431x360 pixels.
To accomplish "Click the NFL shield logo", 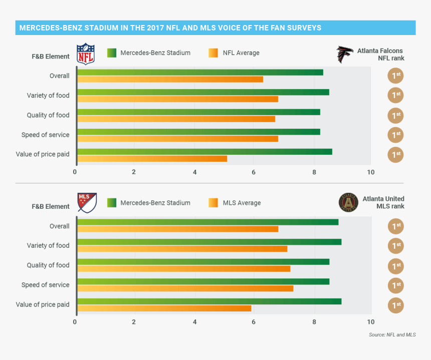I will (85, 54).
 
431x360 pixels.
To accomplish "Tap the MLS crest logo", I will (87, 203).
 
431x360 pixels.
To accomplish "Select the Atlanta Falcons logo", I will (345, 54).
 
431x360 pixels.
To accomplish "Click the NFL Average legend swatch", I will (213, 53).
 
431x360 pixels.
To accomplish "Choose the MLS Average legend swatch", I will (213, 203).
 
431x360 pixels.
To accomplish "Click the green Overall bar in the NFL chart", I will (200, 72).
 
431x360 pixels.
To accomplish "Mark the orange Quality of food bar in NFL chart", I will (176, 119).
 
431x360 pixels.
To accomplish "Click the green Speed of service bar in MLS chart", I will (203, 281).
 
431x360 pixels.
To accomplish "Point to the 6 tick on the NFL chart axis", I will (254, 172).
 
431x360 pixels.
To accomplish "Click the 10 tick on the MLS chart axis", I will (370, 322).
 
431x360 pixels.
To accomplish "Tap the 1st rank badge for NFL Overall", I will (395, 76).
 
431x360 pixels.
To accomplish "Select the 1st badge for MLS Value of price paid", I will (395, 305).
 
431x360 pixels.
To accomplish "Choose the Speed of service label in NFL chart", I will (45, 135).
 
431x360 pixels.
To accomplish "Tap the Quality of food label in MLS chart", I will (48, 265).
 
